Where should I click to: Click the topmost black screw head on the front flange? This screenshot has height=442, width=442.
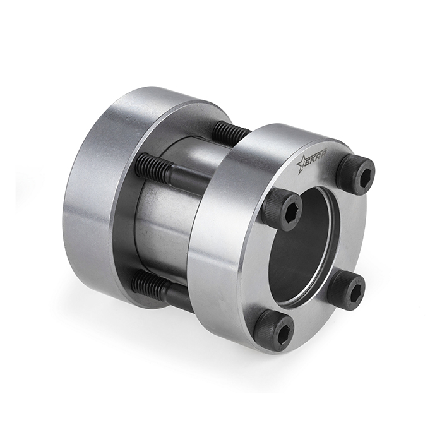click(355, 171)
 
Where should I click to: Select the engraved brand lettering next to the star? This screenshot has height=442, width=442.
click(318, 159)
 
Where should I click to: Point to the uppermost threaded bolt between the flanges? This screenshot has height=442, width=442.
click(230, 132)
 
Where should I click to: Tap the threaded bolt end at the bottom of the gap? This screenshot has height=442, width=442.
click(151, 288)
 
